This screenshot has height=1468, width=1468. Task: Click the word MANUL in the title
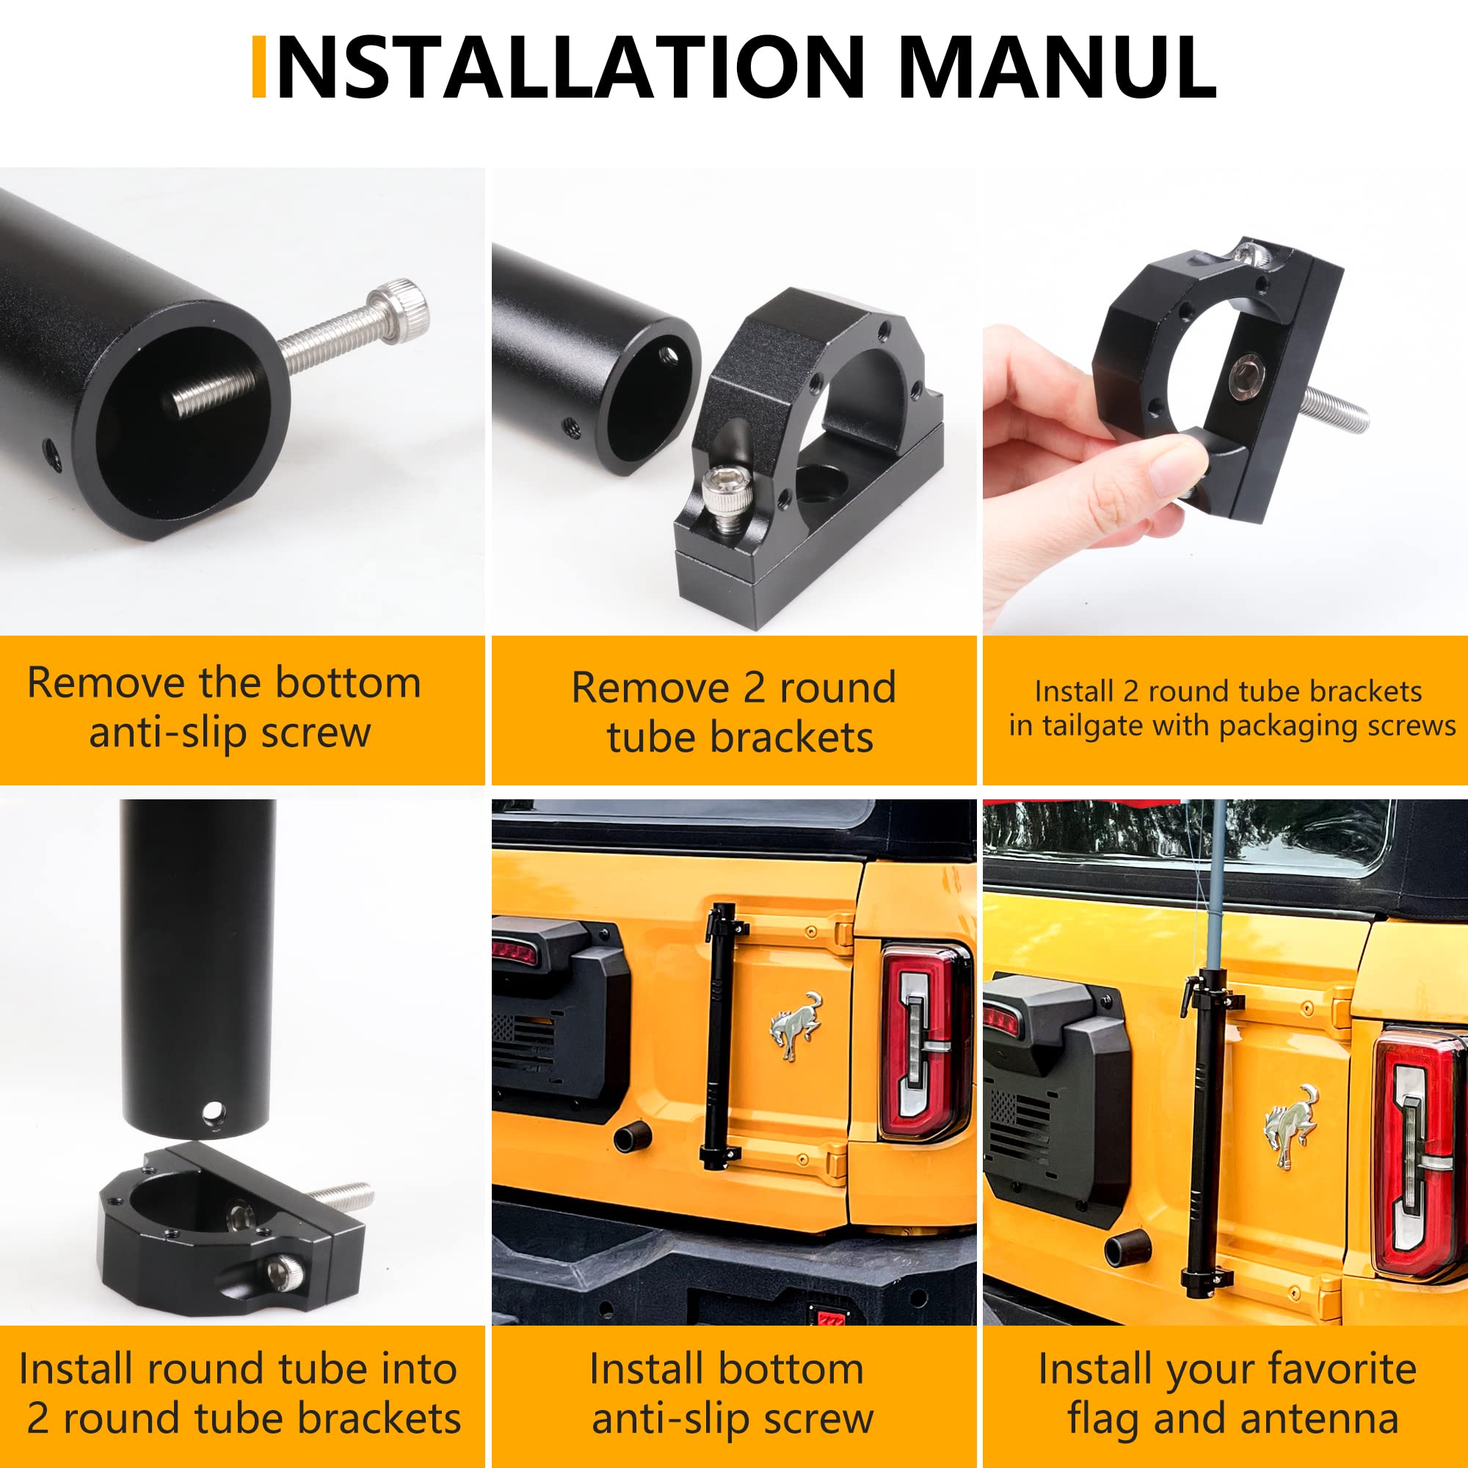click(x=1059, y=67)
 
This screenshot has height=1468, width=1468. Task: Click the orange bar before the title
click(x=258, y=67)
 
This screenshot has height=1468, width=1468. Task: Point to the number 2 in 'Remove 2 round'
click(x=754, y=688)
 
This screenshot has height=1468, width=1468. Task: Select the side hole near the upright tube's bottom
click(x=213, y=1114)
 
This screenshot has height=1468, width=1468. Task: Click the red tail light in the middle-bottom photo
click(x=926, y=1041)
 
